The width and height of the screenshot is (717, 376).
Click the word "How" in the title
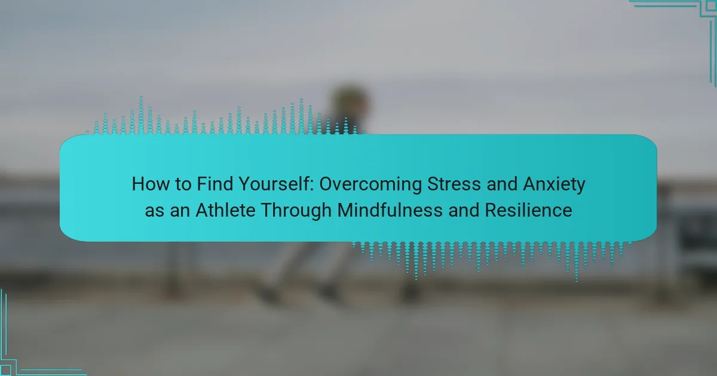click(x=151, y=184)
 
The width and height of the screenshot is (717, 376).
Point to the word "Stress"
click(x=454, y=184)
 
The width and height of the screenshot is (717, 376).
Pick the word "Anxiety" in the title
click(x=554, y=185)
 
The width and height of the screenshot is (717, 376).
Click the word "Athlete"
click(x=225, y=210)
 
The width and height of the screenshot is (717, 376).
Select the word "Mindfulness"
click(x=390, y=210)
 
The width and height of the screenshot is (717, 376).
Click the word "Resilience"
click(x=528, y=210)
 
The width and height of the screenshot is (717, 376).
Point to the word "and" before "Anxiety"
click(x=502, y=184)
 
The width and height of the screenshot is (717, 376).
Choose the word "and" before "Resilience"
click(x=464, y=210)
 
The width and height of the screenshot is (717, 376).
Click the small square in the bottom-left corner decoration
click(x=5, y=371)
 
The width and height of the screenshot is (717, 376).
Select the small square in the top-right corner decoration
click(x=712, y=5)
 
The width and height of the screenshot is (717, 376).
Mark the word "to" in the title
click(x=183, y=185)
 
